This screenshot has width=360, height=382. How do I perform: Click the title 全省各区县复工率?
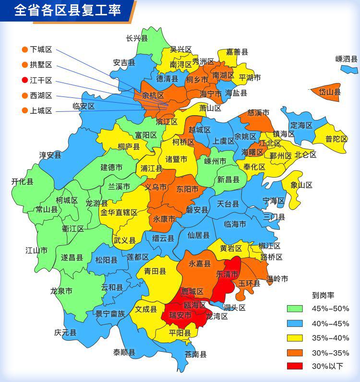(67, 11)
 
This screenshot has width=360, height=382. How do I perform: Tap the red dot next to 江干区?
(24, 80)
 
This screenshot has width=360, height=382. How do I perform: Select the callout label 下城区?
(41, 49)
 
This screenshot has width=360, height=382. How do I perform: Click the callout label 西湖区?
(41, 95)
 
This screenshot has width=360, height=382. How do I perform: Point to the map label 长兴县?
(137, 38)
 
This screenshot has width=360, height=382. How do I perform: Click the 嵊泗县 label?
(347, 59)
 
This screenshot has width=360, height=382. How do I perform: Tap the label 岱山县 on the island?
(330, 92)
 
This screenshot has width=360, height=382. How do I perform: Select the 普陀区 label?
(336, 139)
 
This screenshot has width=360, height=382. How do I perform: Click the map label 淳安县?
(50, 155)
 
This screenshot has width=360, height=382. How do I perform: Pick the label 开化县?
(23, 181)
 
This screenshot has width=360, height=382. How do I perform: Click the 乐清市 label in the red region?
(227, 275)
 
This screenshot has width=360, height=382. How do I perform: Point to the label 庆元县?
(65, 332)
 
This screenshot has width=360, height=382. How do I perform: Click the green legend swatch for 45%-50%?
(295, 309)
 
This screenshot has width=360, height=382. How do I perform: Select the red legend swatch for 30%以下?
(295, 366)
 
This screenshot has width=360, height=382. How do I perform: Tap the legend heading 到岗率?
(323, 295)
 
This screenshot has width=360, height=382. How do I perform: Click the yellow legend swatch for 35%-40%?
(295, 337)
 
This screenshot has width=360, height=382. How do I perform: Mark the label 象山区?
(301, 185)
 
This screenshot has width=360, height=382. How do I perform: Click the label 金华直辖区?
(119, 212)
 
